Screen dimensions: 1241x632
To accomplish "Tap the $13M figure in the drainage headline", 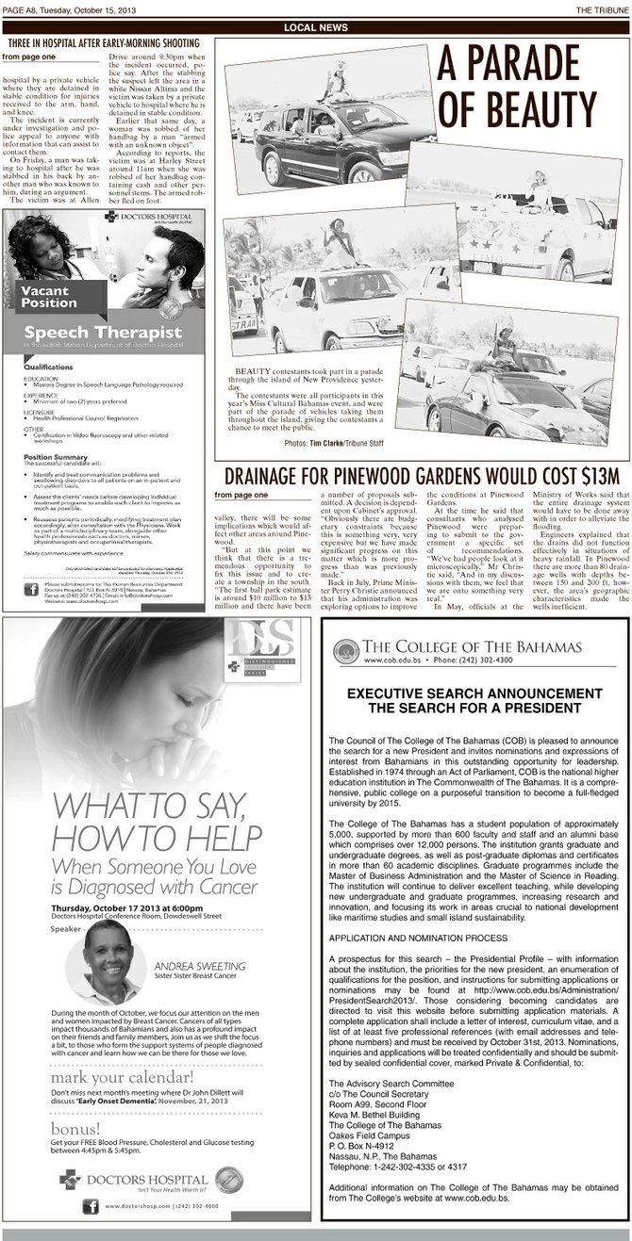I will pos(587,476).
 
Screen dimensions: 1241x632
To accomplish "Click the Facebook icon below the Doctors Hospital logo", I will pos(92,1205).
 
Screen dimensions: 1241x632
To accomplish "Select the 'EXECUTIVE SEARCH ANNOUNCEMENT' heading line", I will pos(474,666).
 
